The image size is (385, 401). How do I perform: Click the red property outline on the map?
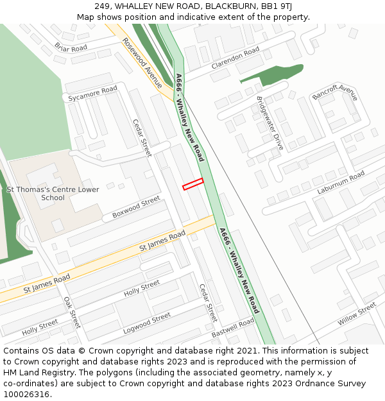coord(193,184)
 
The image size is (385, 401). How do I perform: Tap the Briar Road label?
coord(71,48)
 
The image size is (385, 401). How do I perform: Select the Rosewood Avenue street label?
coord(142,62)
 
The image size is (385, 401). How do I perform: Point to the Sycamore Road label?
coord(93,94)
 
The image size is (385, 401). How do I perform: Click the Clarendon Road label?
coord(235,58)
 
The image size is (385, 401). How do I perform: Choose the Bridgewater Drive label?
coord(269,123)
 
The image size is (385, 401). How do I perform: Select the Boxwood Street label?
coord(136,207)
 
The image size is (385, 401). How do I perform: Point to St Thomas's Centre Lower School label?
coord(53,194)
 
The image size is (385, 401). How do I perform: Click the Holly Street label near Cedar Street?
coord(142,288)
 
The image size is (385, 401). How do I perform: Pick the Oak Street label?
coord(72,312)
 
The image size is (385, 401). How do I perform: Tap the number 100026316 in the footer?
coord(26,394)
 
